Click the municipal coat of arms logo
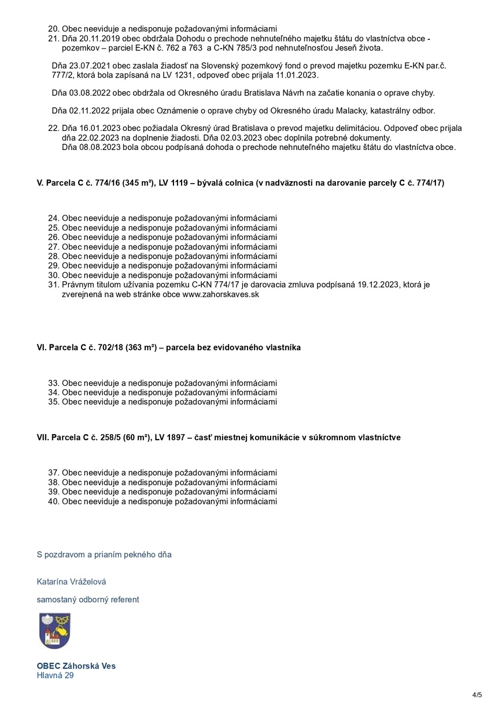coord(54,631)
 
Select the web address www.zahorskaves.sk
coord(220,294)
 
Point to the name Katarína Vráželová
coord(71,581)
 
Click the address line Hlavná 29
coord(55,675)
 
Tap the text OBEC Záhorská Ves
coord(76,666)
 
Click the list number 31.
coord(54,285)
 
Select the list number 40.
coord(54,501)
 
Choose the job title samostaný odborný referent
coord(88,599)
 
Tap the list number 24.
coord(54,218)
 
